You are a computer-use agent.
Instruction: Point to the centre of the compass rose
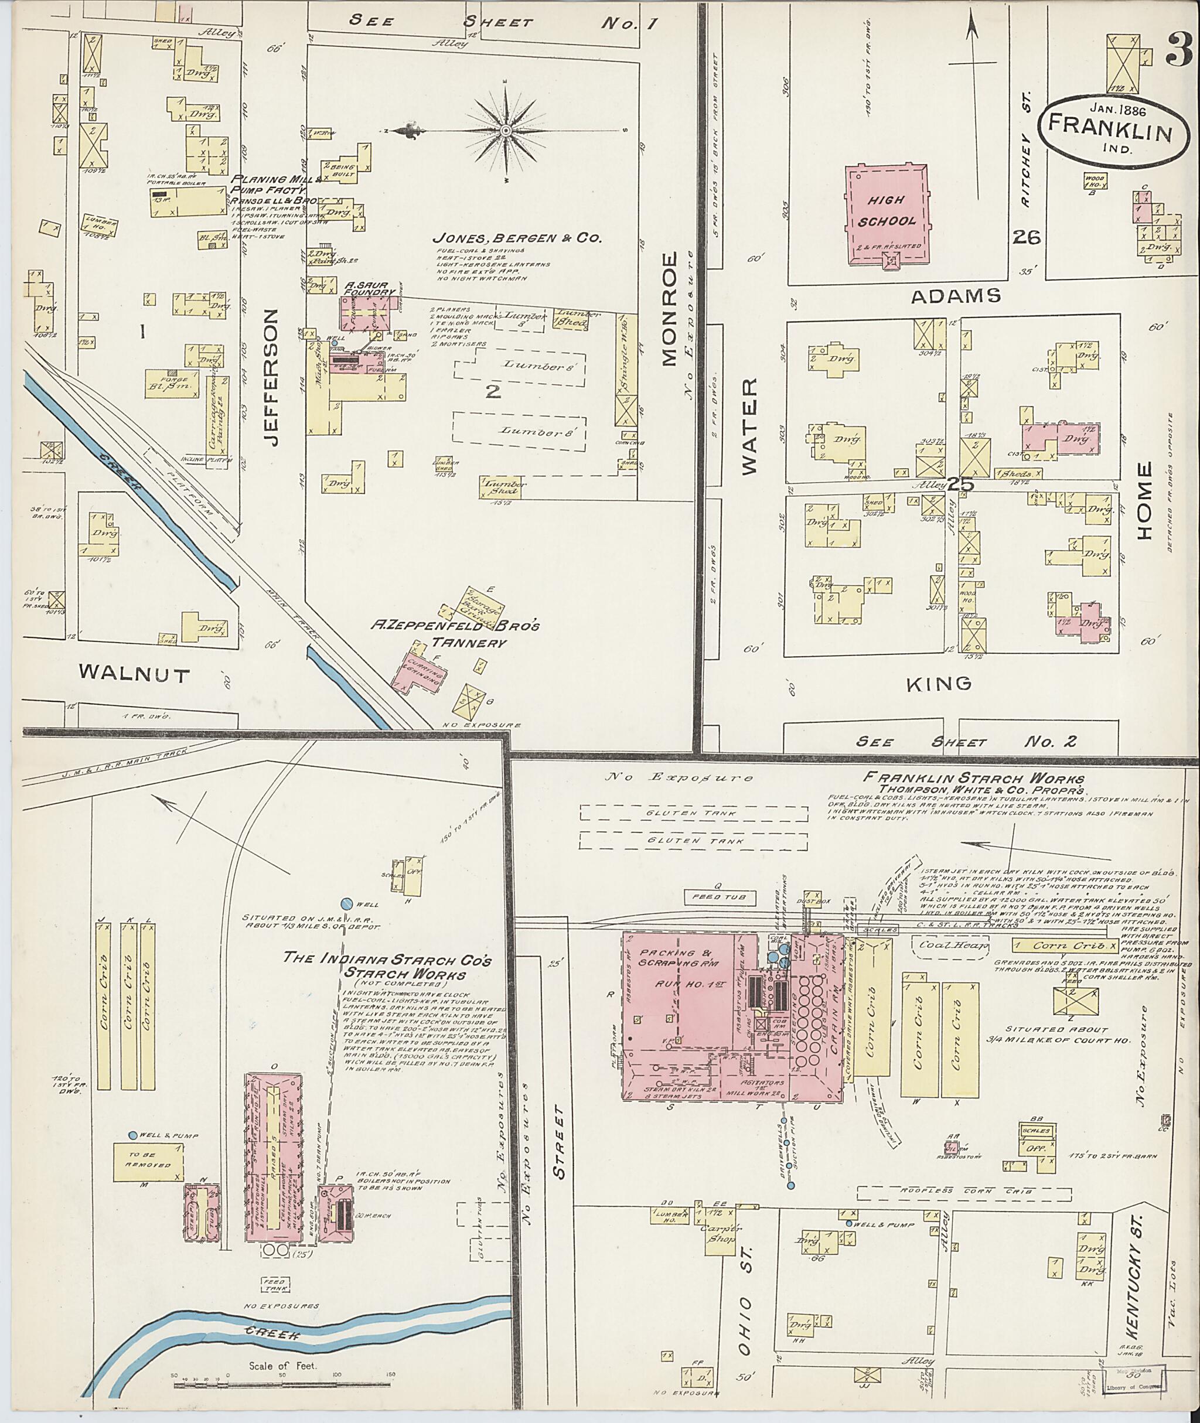click(506, 130)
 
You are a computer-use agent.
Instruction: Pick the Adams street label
click(955, 295)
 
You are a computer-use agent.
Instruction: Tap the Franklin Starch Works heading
click(973, 779)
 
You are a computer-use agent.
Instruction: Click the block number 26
click(1026, 237)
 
